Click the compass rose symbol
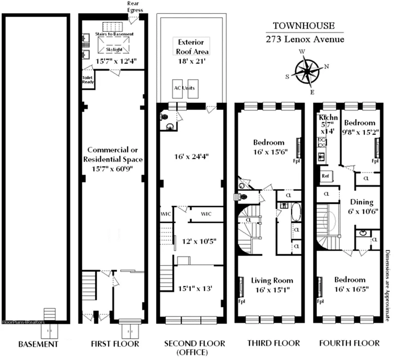pos(308,71)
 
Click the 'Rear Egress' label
pos(134,6)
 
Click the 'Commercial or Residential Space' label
pos(115,155)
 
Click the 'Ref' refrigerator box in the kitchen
pos(326,176)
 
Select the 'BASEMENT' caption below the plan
pos(38,344)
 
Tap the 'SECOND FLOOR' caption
pos(194,343)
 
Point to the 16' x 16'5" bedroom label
pos(350,284)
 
